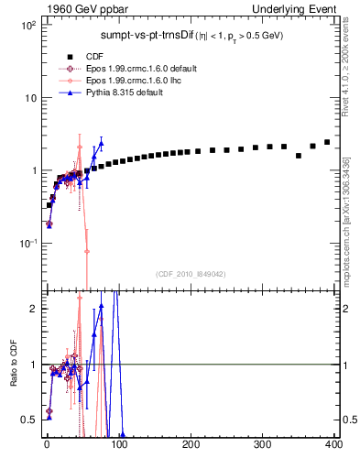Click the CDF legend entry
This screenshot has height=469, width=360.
[x=97, y=56]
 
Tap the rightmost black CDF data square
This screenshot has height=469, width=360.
[x=327, y=142]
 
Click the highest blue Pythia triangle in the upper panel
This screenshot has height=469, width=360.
[x=101, y=143]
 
